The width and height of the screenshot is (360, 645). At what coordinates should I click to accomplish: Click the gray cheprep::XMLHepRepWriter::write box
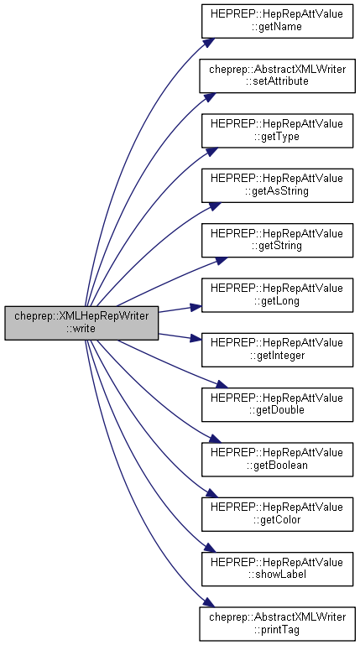[x=81, y=323]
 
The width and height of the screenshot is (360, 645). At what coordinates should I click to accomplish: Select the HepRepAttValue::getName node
[x=277, y=22]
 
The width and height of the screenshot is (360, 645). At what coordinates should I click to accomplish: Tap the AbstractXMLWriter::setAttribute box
[x=277, y=75]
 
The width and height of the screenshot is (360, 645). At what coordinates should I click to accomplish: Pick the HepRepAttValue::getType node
[x=277, y=131]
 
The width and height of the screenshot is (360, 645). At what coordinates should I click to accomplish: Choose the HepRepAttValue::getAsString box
[x=277, y=185]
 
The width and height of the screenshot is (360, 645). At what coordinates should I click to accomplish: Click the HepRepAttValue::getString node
[x=277, y=240]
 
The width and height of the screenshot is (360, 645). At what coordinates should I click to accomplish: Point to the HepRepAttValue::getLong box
[x=277, y=295]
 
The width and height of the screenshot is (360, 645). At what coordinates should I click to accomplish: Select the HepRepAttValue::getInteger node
[x=277, y=350]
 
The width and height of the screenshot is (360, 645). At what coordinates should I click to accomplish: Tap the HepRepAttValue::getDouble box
[x=277, y=404]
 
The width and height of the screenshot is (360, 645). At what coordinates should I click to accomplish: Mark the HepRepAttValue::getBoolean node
[x=277, y=460]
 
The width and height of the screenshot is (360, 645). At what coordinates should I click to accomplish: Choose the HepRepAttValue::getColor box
[x=277, y=514]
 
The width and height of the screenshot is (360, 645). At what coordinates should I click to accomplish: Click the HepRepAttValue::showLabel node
[x=277, y=569]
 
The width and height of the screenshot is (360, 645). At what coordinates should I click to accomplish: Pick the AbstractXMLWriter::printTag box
[x=277, y=623]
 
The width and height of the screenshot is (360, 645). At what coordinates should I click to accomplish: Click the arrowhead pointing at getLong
[x=196, y=307]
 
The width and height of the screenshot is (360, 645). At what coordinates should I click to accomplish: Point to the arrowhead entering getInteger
[x=196, y=339]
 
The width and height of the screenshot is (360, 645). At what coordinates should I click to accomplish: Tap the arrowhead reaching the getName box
[x=209, y=43]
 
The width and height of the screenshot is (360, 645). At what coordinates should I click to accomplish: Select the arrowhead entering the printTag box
[x=209, y=602]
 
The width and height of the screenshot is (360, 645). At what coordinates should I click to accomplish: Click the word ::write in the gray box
[x=81, y=329]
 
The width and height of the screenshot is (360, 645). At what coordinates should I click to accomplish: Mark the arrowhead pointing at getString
[x=222, y=261]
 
